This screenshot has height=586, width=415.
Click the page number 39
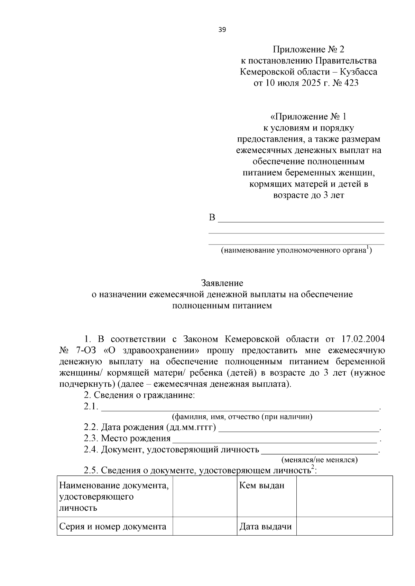coord(222,30)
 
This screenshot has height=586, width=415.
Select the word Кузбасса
coord(359,72)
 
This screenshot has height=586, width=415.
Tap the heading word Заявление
coord(222,283)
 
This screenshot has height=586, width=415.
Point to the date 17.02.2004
coord(363,339)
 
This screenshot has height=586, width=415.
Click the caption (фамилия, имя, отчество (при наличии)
coord(242,417)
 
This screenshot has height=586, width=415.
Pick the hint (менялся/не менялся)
coord(320,460)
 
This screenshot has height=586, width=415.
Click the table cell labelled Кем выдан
coord(262,486)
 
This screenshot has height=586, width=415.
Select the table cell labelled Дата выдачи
coord(266,527)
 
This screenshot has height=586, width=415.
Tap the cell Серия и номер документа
coord(113,527)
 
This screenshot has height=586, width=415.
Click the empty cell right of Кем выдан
coord(344,496)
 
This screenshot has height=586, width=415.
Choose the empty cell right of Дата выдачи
coord(344,526)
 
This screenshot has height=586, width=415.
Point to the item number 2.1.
coord(91,406)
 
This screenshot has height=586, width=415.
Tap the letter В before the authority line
coord(212,218)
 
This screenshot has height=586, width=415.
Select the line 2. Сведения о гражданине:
coord(139,395)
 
